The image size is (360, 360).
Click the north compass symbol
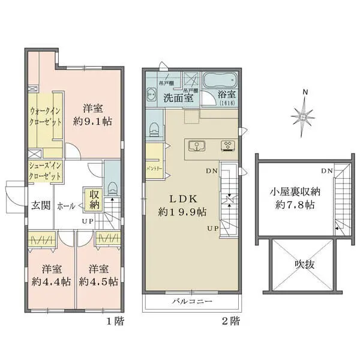tap(305, 113)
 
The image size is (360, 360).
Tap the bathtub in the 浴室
tap(220, 80)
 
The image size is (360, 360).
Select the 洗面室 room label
tap(179, 98)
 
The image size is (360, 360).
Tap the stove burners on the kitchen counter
tap(228, 145)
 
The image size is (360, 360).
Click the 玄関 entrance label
tap(40, 206)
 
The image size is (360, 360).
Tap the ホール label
tap(65, 206)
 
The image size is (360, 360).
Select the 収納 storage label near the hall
tap(95, 199)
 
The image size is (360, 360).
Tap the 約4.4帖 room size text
tap(50, 281)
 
